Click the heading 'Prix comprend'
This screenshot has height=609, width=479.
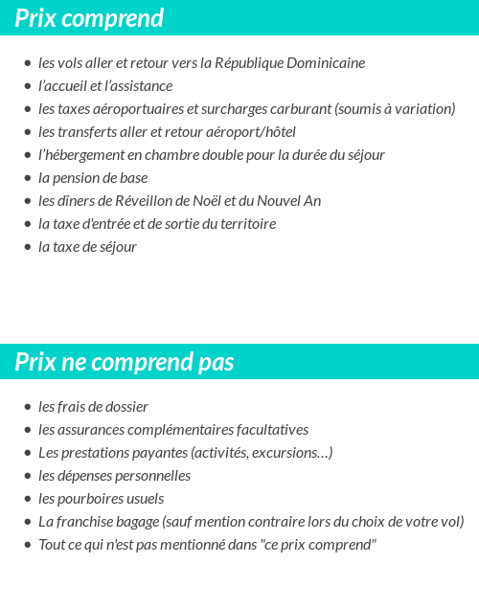point(89,18)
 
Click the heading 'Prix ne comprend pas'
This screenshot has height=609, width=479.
point(125,363)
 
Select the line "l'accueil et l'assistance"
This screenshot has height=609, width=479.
point(105,86)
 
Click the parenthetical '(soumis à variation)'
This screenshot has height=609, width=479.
point(395,109)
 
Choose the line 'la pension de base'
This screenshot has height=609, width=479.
point(93,178)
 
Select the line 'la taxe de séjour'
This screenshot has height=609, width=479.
point(87,247)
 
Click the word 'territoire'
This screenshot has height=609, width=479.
point(245,224)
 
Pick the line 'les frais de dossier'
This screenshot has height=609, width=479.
point(93,407)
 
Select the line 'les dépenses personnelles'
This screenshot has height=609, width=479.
point(114,476)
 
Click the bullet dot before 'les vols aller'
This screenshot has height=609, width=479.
point(28,63)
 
